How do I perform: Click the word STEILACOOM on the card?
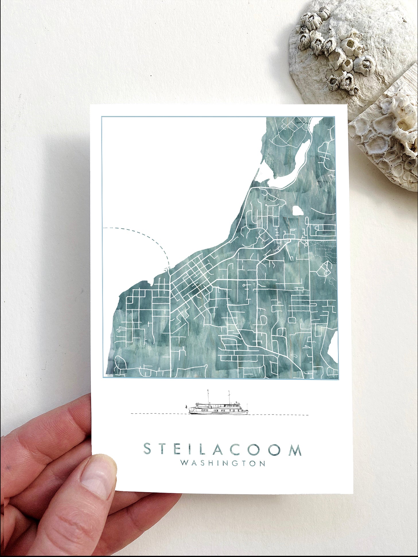point(222,449)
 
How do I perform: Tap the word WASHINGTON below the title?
point(222,463)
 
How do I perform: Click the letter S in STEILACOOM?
point(147,449)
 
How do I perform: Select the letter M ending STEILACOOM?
point(295,450)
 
